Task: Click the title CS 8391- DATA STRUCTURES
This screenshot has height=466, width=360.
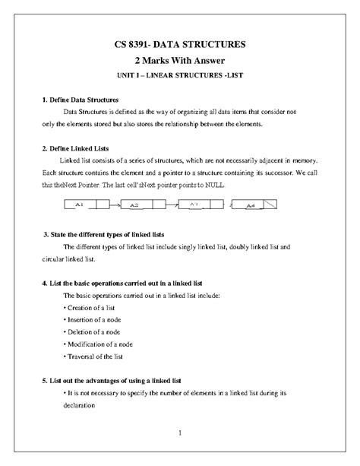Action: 180,44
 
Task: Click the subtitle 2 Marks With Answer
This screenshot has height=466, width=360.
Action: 180,60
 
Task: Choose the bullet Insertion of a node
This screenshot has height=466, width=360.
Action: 95,319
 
